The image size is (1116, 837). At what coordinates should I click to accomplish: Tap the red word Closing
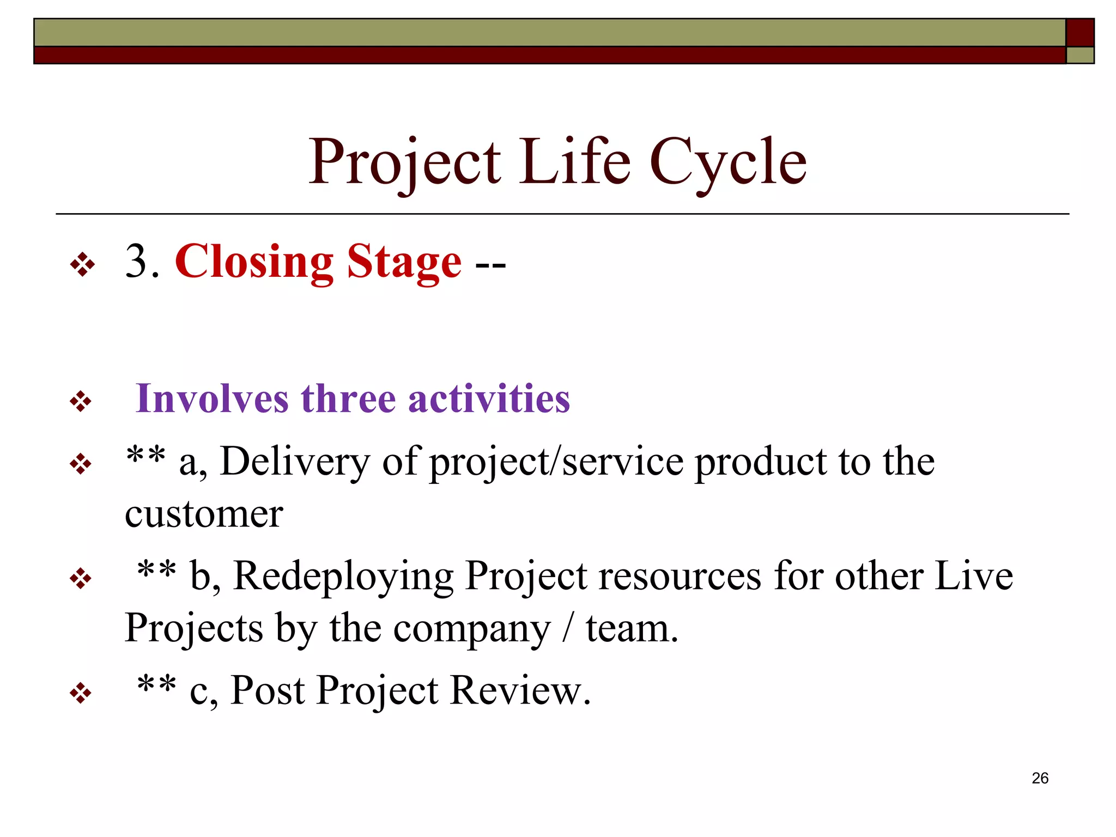pyautogui.click(x=254, y=262)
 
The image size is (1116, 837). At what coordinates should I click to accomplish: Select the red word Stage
pyautogui.click(x=404, y=263)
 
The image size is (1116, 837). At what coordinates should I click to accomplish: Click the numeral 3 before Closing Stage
pyautogui.click(x=136, y=262)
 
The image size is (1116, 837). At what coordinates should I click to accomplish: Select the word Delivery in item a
pyautogui.click(x=294, y=462)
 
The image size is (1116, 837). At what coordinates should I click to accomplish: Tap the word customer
pyautogui.click(x=204, y=514)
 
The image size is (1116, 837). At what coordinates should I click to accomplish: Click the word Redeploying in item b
pyautogui.click(x=343, y=577)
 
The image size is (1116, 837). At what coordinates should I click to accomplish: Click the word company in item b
pyautogui.click(x=472, y=629)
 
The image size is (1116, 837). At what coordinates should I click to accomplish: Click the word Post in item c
pyautogui.click(x=267, y=690)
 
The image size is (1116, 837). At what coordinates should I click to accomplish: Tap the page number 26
pyautogui.click(x=1040, y=778)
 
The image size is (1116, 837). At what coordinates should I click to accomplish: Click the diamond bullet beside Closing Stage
pyautogui.click(x=82, y=265)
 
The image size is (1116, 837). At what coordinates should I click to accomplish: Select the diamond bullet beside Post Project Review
pyautogui.click(x=81, y=693)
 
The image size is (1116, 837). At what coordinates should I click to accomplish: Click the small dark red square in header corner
pyautogui.click(x=1079, y=32)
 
